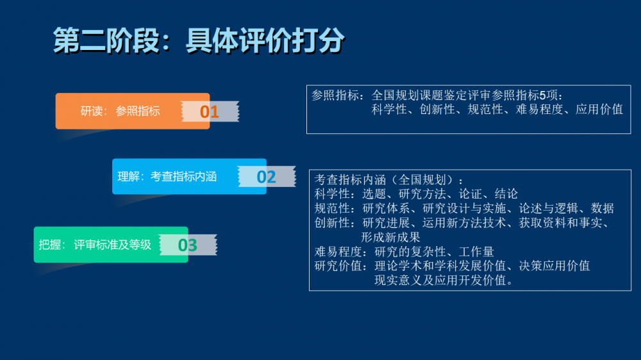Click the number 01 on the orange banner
[x=210, y=111]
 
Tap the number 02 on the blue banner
[x=266, y=177]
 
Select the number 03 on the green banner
[x=188, y=245]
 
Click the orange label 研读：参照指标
[x=120, y=111]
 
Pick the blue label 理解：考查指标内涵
[x=167, y=177]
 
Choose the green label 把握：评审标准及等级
[x=95, y=245]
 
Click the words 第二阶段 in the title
[x=106, y=40]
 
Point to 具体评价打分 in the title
[x=265, y=40]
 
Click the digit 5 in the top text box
[x=542, y=95]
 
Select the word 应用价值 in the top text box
[x=599, y=110]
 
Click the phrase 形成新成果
[x=390, y=238]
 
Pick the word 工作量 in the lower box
[x=476, y=252]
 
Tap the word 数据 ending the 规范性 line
[x=603, y=208]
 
